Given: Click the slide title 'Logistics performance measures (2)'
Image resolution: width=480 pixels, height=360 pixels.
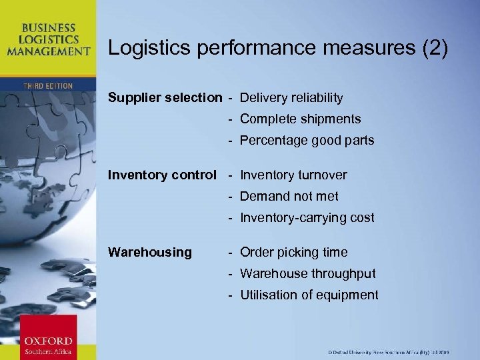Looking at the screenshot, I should pyautogui.click(x=278, y=48).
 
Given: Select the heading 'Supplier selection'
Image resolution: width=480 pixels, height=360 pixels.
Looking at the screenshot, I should pyautogui.click(x=165, y=98).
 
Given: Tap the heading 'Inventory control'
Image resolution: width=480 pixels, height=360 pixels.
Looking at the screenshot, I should pyautogui.click(x=162, y=175).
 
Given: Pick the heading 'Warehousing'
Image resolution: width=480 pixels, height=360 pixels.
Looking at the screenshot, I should pyautogui.click(x=149, y=253).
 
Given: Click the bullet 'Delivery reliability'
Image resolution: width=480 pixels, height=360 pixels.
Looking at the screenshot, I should pyautogui.click(x=291, y=98).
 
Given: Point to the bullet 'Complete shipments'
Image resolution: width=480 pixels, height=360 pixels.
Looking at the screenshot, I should pyautogui.click(x=300, y=119).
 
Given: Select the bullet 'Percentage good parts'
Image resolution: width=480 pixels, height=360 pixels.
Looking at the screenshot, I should pyautogui.click(x=307, y=141).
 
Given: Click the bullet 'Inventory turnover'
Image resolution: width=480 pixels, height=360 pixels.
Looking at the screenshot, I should pyautogui.click(x=293, y=175).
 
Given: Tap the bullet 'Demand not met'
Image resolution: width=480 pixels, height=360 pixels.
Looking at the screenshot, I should pyautogui.click(x=289, y=197).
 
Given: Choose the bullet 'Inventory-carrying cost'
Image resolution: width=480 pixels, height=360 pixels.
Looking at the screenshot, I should pyautogui.click(x=307, y=218).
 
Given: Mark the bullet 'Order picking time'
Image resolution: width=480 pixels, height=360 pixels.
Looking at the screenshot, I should pyautogui.click(x=293, y=253).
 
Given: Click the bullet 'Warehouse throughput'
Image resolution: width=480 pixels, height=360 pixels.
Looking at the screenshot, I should pyautogui.click(x=307, y=274).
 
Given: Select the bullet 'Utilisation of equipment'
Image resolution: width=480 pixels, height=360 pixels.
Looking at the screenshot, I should pyautogui.click(x=309, y=295).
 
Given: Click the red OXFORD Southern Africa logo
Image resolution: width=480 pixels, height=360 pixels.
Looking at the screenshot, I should pyautogui.click(x=47, y=337).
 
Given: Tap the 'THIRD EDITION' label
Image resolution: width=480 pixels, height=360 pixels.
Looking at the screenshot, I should pyautogui.click(x=47, y=86).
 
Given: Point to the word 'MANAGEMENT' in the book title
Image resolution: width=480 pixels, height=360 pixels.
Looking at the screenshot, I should pyautogui.click(x=47, y=51).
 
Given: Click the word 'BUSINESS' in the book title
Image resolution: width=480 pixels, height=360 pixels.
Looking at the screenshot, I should pyautogui.click(x=47, y=28).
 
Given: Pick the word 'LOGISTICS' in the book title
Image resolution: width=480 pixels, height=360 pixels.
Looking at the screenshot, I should pyautogui.click(x=47, y=39).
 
